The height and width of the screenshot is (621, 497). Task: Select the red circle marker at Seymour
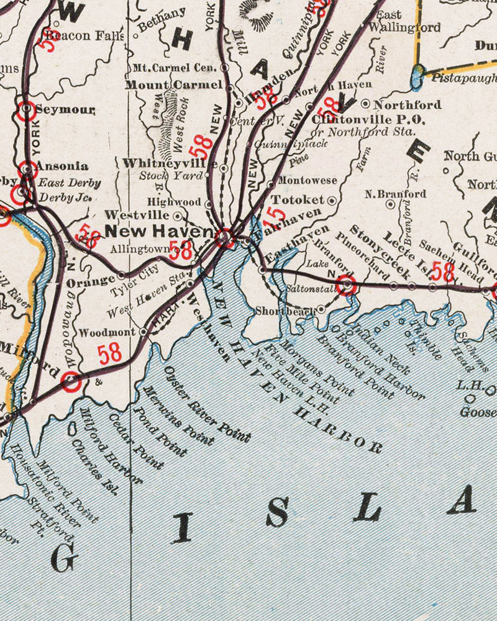pyautogui.click(x=27, y=110)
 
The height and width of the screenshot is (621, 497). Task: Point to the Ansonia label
pyautogui.click(x=62, y=166)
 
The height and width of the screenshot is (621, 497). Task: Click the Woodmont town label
pyautogui.click(x=107, y=332)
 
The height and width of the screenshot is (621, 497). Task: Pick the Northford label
pyautogui.click(x=408, y=104)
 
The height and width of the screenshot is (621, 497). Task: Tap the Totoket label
pyautogui.click(x=298, y=200)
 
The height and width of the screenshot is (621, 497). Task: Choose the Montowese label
pyautogui.click(x=306, y=181)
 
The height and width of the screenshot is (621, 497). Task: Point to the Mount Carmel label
pyautogui.click(x=173, y=84)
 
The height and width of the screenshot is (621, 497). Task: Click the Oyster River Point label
pyautogui.click(x=207, y=404)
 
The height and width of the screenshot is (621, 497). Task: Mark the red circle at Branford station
pyautogui.click(x=347, y=286)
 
